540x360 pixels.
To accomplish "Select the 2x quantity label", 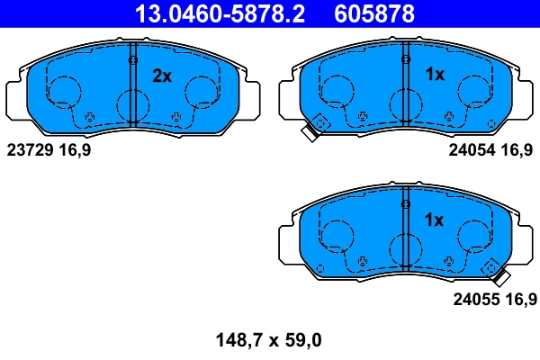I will tap(161, 76).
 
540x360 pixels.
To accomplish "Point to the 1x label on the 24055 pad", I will tap(435, 220).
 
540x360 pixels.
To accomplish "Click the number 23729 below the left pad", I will tap(31, 150).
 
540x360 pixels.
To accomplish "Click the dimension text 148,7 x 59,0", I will tap(267, 340).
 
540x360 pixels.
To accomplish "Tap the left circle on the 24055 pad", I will tap(336, 235).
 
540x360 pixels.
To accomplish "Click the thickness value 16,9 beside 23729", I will tap(75, 150).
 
